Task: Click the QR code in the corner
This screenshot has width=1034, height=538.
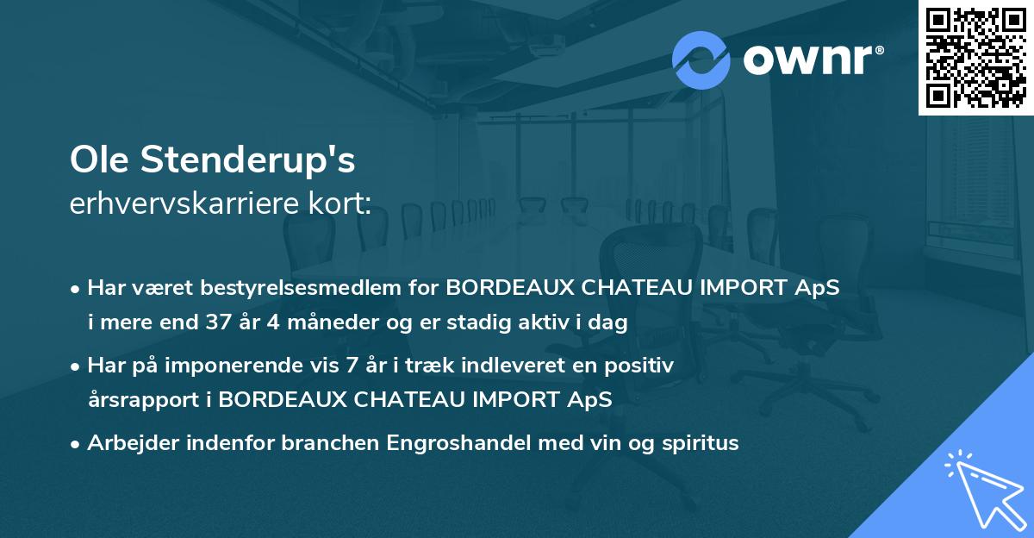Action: pos(975,57)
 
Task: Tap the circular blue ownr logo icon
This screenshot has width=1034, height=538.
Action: pos(701,60)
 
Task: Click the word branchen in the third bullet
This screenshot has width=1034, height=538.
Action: pos(337,443)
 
